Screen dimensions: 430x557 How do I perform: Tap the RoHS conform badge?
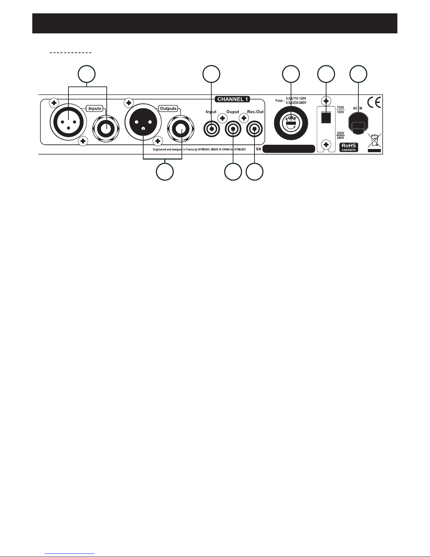tap(349, 147)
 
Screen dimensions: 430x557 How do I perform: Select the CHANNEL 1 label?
tap(232, 99)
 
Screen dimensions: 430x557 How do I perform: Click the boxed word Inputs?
tap(94, 109)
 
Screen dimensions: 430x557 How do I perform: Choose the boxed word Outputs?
tap(168, 109)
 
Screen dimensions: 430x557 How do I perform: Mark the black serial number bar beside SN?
tap(289, 149)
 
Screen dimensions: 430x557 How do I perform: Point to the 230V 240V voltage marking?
tap(340, 136)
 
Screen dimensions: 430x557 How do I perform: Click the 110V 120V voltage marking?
tap(340, 109)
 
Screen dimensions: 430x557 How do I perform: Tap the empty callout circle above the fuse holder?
tap(291, 74)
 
